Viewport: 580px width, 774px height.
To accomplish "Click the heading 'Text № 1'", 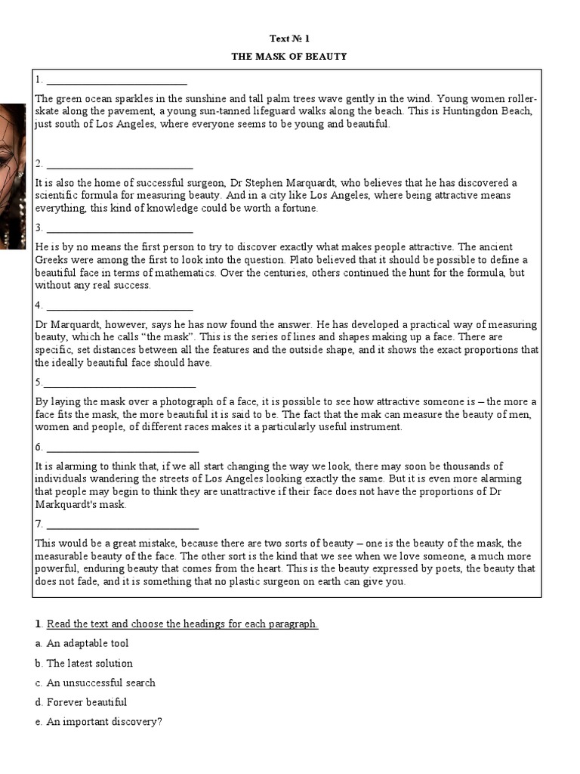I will click(290, 38).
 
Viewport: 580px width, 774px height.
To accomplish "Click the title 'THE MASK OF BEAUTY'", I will click(290, 57).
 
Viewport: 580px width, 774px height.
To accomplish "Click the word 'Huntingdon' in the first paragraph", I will click(472, 111).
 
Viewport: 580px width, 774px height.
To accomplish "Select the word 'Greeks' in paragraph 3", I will click(52, 260).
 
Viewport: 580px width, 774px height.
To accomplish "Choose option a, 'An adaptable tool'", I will click(87, 643).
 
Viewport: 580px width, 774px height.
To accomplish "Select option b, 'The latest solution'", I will click(89, 663).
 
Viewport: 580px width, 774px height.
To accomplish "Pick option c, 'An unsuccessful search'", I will click(100, 683).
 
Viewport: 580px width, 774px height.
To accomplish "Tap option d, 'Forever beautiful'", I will click(86, 702).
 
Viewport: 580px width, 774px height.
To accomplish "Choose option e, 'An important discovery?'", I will click(104, 722).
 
